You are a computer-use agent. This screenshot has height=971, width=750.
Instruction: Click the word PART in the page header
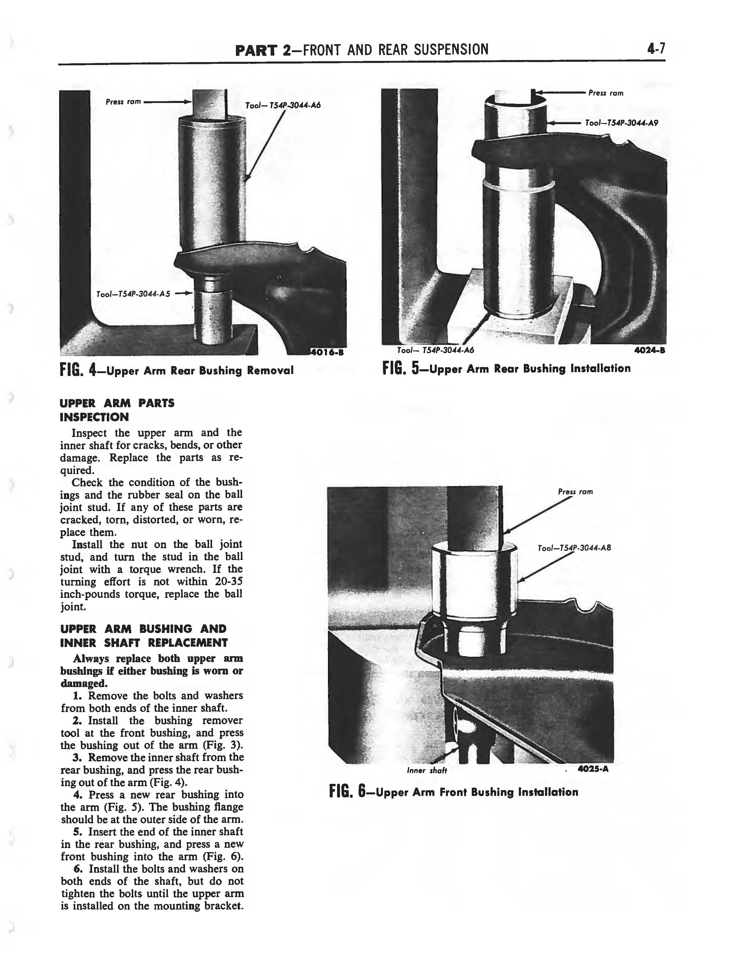(x=257, y=50)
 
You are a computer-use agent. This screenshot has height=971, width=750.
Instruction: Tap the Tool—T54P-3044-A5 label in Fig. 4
(x=133, y=294)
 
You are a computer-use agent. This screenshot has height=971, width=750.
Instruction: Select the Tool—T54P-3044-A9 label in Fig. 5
(x=621, y=123)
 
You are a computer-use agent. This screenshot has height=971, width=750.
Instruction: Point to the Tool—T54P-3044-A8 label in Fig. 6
(x=574, y=548)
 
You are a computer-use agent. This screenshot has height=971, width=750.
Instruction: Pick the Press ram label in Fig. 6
(x=575, y=492)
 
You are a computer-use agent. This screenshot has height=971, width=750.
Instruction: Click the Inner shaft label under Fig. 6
(x=426, y=771)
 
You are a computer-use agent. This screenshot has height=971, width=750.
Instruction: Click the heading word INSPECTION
(x=94, y=417)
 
